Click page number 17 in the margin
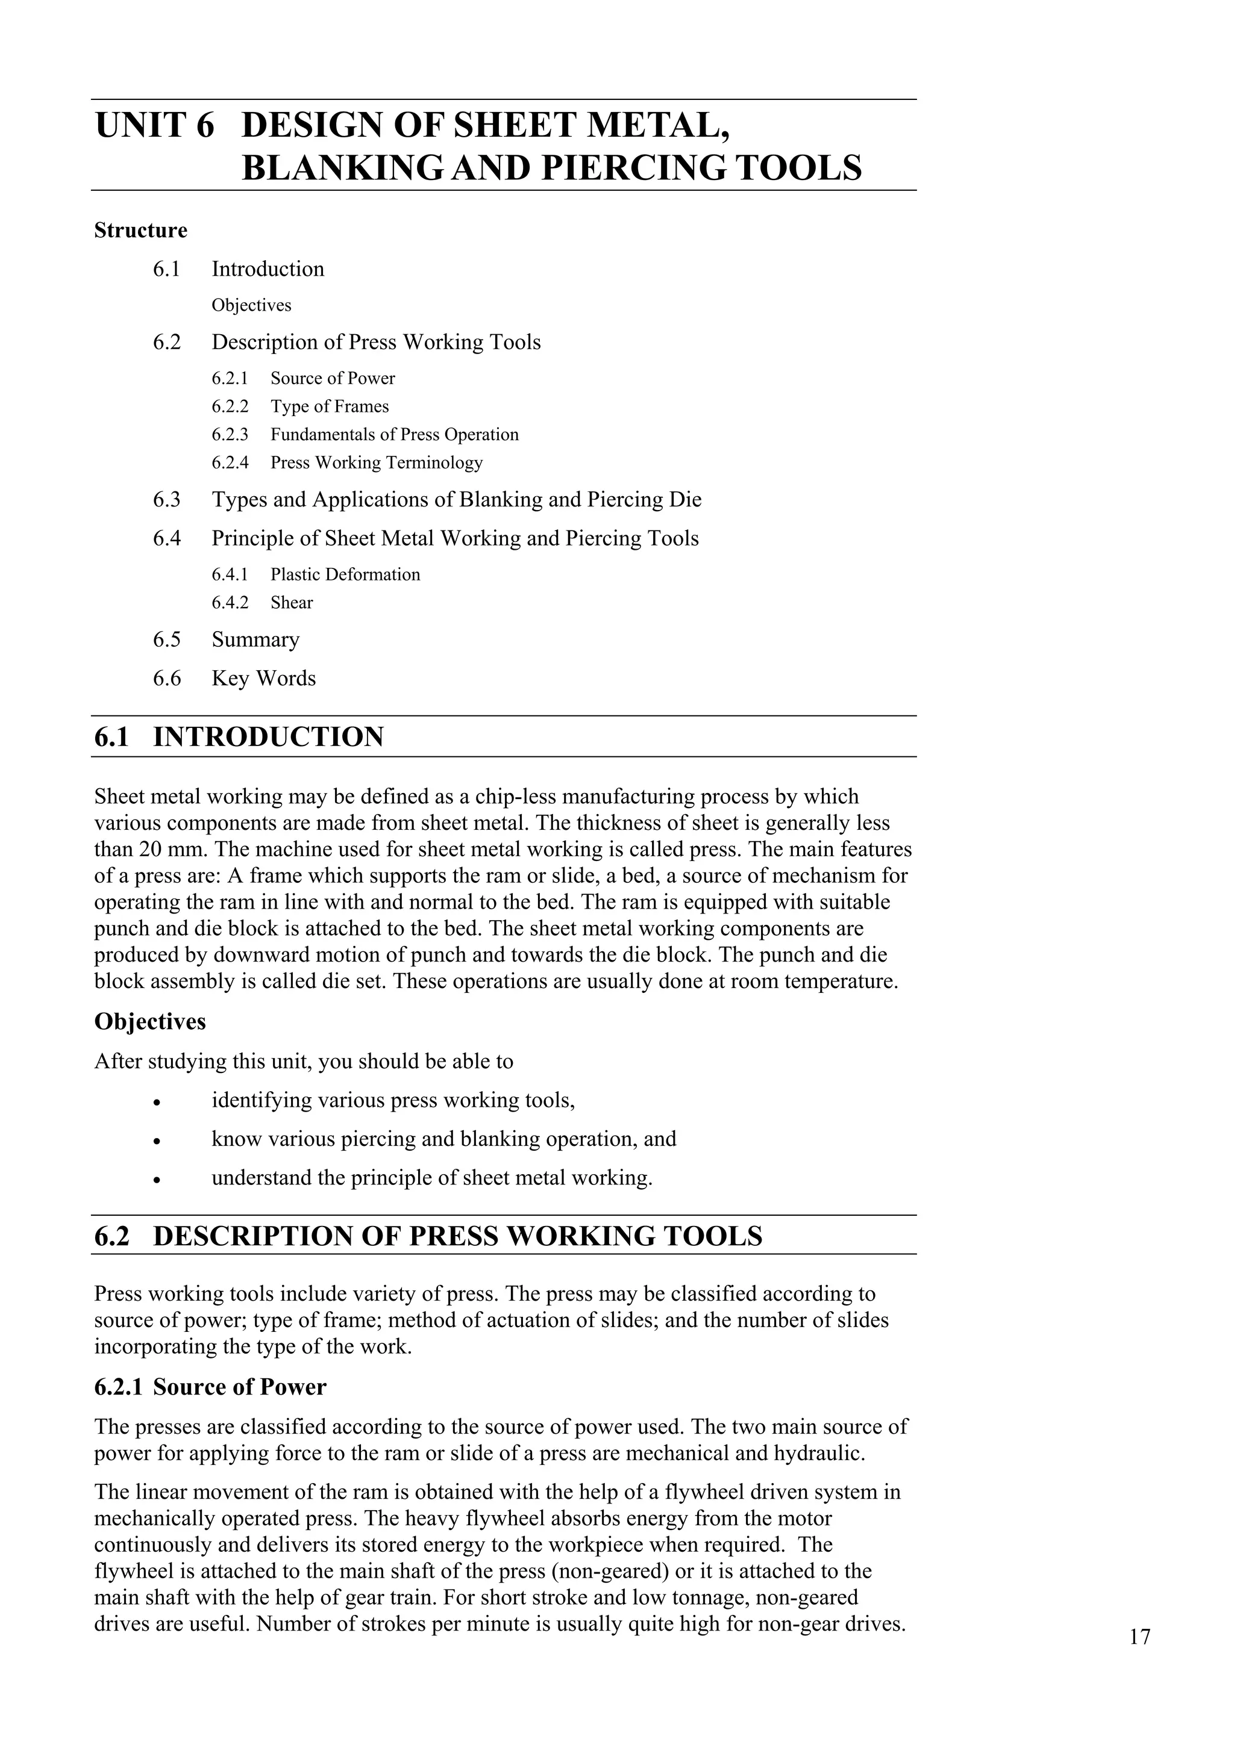(1139, 1637)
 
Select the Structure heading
(140, 230)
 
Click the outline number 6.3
(166, 500)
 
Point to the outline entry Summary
(255, 640)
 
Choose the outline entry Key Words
(263, 679)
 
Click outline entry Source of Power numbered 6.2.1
(332, 379)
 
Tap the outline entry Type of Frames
(329, 406)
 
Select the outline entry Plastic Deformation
(345, 574)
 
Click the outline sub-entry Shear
(291, 603)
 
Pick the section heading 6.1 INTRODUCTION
(239, 737)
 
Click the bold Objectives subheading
(150, 1021)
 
